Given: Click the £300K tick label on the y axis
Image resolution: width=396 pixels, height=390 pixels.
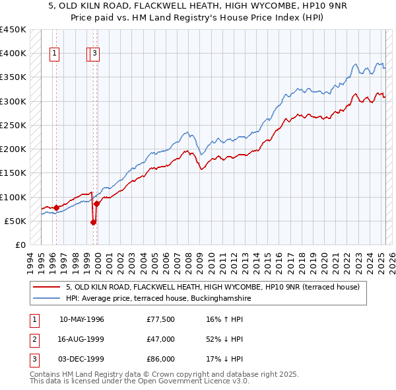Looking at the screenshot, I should tap(13, 101).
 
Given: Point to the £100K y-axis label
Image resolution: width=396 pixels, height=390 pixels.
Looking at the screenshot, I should tap(13, 197).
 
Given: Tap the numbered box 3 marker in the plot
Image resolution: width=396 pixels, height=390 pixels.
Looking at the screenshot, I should tap(95, 55).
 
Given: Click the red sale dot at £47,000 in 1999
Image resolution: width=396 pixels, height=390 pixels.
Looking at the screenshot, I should tap(93, 222).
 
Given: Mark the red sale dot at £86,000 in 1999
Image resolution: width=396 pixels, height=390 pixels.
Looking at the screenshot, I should tap(96, 204).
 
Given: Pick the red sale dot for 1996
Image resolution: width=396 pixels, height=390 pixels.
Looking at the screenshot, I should tap(56, 208).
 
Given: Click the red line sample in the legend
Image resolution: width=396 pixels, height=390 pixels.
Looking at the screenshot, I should tap(48, 288).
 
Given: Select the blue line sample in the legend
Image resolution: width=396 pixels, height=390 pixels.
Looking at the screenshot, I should tap(48, 299).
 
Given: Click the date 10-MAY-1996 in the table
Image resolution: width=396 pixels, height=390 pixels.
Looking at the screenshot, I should tap(82, 319).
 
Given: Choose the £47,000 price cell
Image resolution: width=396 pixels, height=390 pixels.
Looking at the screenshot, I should tap(160, 339).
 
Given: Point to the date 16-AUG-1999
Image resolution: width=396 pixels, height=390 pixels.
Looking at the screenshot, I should tap(82, 339).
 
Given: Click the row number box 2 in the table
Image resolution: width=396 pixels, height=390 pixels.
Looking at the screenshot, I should tap(34, 339).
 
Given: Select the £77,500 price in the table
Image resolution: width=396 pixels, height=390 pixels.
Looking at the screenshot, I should tap(160, 319).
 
